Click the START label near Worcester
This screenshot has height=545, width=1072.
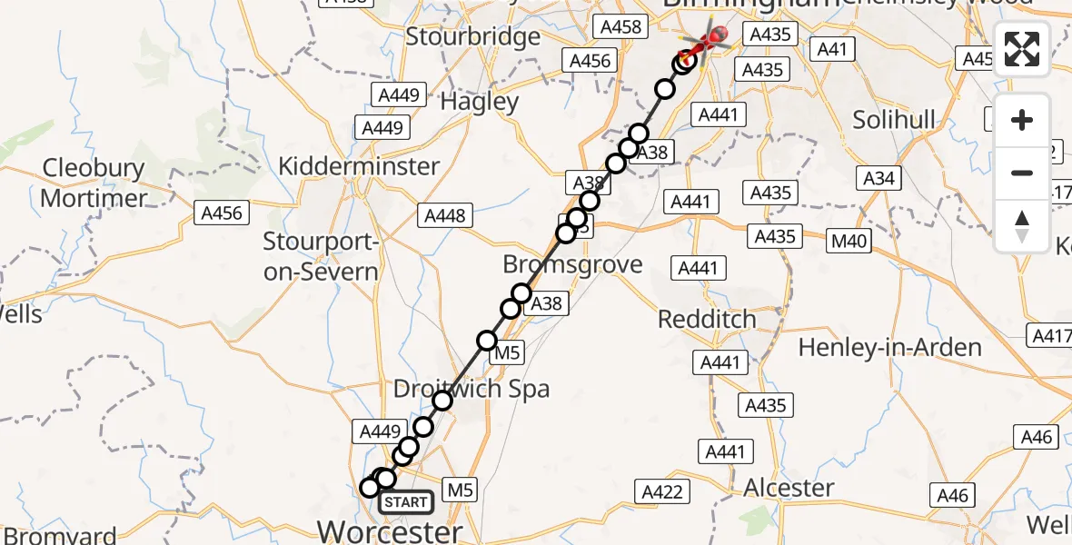[x=405, y=502]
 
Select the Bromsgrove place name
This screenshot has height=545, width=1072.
[x=573, y=265]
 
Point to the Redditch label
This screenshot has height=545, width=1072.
[x=707, y=320]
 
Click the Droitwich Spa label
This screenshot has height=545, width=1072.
[x=471, y=390]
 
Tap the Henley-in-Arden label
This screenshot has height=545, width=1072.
[x=889, y=347]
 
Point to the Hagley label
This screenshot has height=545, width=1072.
[x=479, y=102]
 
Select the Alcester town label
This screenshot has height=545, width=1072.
[x=789, y=488]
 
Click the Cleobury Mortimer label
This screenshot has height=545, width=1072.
[x=94, y=183]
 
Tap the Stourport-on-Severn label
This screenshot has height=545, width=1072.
[x=320, y=257]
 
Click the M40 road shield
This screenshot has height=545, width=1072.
[x=850, y=241]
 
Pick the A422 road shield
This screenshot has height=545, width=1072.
[x=662, y=491]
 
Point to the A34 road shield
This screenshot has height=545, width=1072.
[x=878, y=178]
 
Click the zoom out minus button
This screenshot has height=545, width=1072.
[x=1022, y=173]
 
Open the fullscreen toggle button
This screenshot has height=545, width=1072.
[x=1022, y=49]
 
